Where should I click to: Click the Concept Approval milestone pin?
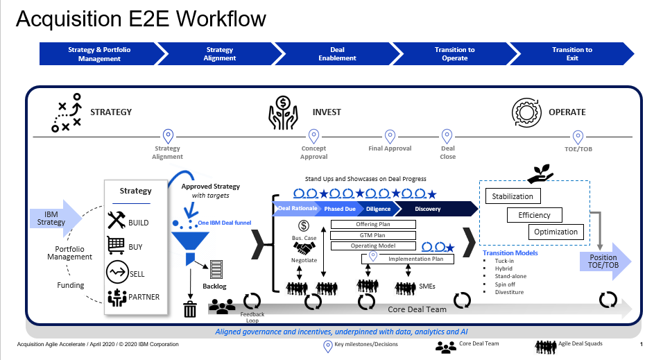(x=313, y=136)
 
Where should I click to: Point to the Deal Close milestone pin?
(x=447, y=136)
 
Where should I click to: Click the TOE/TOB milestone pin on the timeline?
(x=578, y=136)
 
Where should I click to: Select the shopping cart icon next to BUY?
(x=117, y=246)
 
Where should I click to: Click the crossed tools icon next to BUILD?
(x=117, y=221)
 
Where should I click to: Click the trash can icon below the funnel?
(x=189, y=308)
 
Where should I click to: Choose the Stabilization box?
(x=513, y=196)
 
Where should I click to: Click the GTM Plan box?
(x=372, y=235)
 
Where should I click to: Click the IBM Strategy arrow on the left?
(x=54, y=218)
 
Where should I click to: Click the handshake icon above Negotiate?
(x=304, y=248)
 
